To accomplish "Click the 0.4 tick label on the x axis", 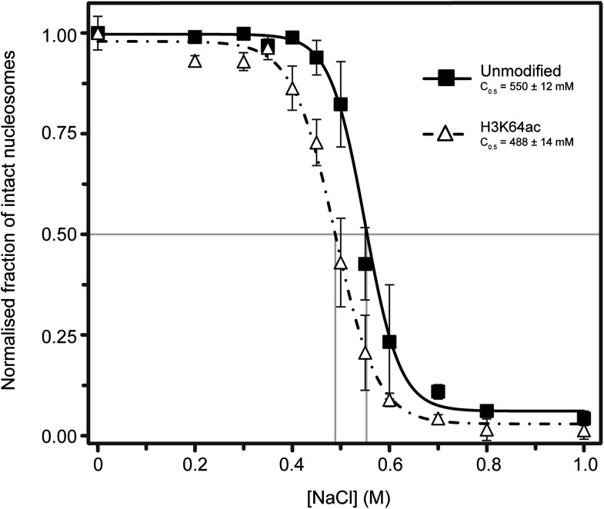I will click(x=292, y=465).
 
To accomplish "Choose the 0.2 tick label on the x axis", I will click(x=195, y=465).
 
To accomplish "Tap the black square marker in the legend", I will click(x=445, y=78).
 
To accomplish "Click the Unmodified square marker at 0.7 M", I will click(x=439, y=391).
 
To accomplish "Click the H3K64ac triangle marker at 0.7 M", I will click(x=439, y=418).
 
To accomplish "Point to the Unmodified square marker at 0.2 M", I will click(x=195, y=37).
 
